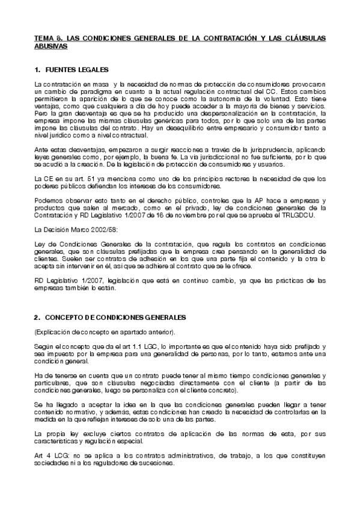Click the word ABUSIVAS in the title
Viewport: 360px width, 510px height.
52,45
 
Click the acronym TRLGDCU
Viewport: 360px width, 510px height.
308,215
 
